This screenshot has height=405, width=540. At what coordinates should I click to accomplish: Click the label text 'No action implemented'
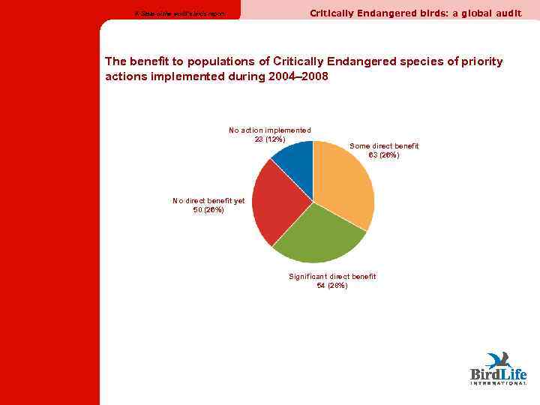click(270, 130)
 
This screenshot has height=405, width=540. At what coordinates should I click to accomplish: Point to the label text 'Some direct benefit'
click(384, 145)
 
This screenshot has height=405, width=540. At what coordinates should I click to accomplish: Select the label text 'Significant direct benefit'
click(332, 277)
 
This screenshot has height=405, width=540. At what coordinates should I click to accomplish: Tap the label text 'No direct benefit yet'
click(208, 201)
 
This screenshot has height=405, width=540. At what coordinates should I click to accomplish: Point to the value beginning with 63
click(384, 155)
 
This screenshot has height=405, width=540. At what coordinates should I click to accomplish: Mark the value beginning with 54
click(331, 286)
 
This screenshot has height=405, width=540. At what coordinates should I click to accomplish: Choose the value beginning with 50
click(208, 210)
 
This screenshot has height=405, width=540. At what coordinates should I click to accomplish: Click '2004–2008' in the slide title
click(298, 77)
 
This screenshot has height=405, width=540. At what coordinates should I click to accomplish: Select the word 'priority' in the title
click(482, 61)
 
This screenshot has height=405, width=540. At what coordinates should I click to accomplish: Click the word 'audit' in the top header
click(508, 13)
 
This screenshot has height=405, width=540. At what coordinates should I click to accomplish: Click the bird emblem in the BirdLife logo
click(498, 359)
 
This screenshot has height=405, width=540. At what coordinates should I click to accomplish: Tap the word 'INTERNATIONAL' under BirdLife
click(498, 383)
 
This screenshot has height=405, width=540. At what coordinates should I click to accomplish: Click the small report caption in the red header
click(178, 14)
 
